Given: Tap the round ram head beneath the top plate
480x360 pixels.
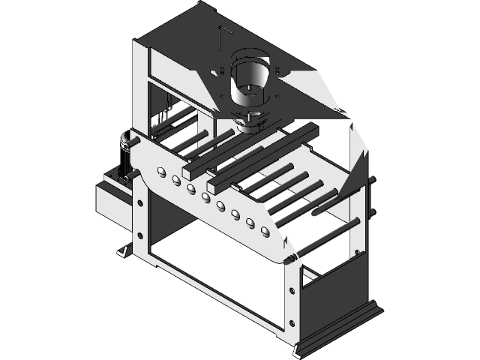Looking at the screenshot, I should (250, 121).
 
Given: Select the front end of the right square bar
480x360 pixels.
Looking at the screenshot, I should (213, 182).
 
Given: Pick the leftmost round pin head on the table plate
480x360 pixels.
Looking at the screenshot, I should (160, 173).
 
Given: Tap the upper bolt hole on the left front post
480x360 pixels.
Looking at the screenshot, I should (139, 201).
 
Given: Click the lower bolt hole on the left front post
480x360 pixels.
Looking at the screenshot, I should (139, 235).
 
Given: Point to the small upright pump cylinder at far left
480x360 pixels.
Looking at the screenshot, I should (123, 150).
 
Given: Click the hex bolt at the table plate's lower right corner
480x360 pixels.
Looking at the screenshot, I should (287, 259).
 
